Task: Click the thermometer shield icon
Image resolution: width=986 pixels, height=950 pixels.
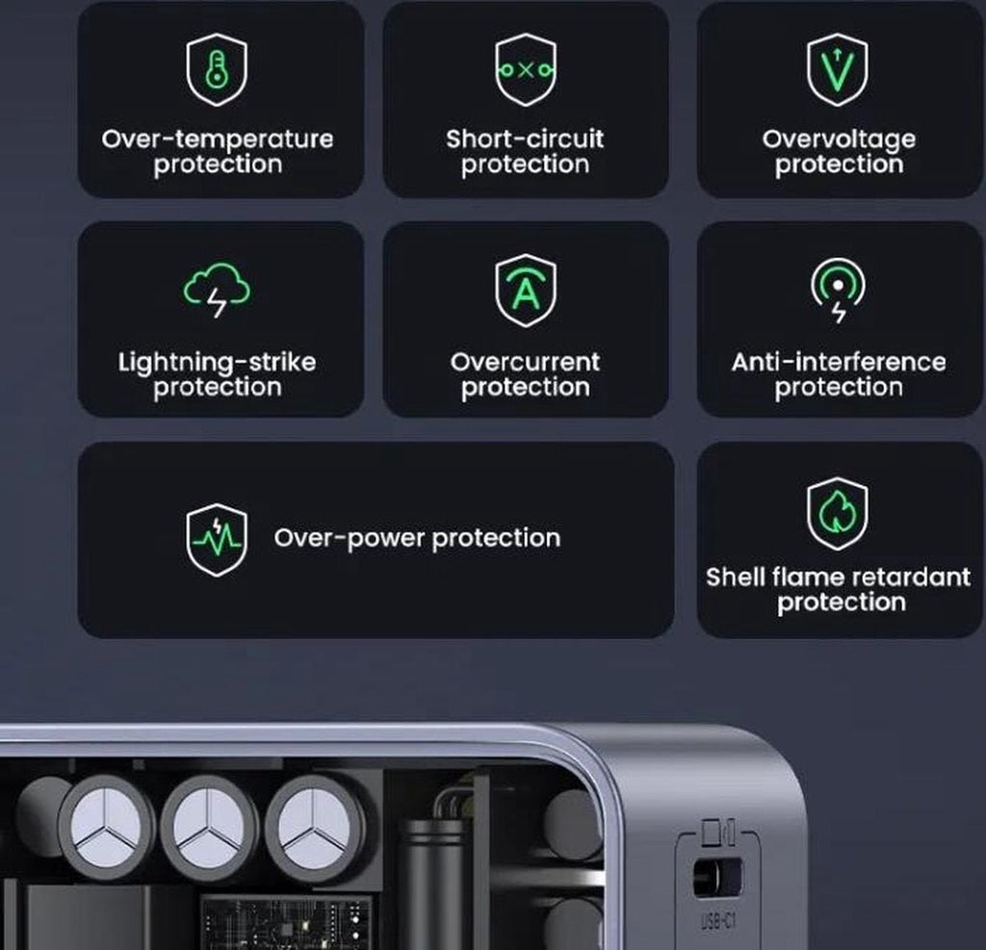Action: tap(217, 70)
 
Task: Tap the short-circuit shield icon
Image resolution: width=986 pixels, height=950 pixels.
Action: tap(526, 70)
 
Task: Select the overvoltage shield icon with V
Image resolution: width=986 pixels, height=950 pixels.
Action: tap(838, 70)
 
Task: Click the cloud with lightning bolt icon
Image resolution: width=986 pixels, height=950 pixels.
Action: tap(217, 290)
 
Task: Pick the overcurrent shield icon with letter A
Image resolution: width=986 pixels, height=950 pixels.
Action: tap(526, 291)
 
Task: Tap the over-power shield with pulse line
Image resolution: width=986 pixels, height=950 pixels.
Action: tap(217, 539)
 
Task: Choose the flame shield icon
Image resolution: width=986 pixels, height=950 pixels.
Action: tap(838, 514)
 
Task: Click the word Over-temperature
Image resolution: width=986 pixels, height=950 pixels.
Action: tap(218, 139)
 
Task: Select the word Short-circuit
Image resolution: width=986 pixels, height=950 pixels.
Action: tap(525, 139)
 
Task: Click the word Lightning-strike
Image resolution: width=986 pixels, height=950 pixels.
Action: tap(217, 363)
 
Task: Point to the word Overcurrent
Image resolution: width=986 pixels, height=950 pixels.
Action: tap(525, 362)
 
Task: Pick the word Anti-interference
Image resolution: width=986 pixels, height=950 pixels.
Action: tap(839, 362)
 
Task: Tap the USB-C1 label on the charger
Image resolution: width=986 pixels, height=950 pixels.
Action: tap(718, 922)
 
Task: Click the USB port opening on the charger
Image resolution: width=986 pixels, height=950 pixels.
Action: tap(716, 877)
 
